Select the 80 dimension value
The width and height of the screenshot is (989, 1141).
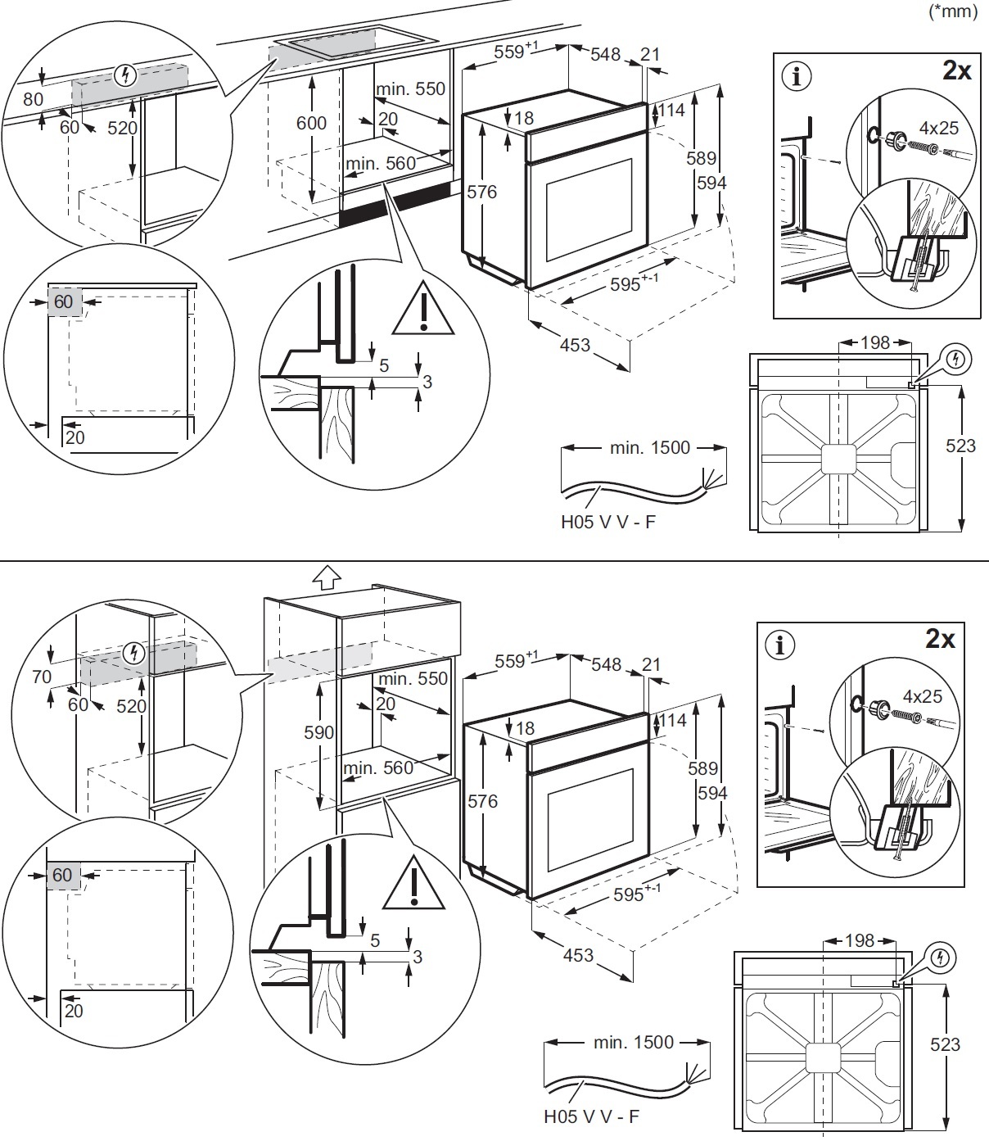pyautogui.click(x=33, y=100)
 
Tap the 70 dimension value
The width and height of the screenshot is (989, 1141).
pyautogui.click(x=42, y=677)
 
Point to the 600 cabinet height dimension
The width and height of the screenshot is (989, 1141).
pyautogui.click(x=311, y=123)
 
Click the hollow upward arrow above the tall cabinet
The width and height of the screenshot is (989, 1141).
pyautogui.click(x=326, y=577)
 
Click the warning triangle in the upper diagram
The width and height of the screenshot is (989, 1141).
pyautogui.click(x=423, y=309)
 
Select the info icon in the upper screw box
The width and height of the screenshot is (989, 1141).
pyautogui.click(x=797, y=76)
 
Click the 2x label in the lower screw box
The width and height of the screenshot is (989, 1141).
pyautogui.click(x=940, y=639)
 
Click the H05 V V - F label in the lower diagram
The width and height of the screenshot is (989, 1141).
pyautogui.click(x=591, y=1116)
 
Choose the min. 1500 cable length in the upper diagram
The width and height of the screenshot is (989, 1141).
pyautogui.click(x=650, y=448)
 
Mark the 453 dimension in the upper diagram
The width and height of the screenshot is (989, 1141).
pyautogui.click(x=576, y=345)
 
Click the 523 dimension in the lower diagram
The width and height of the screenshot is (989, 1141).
pyautogui.click(x=946, y=1044)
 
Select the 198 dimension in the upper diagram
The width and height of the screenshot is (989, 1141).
pyautogui.click(x=875, y=342)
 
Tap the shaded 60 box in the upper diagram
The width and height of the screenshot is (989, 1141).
pyautogui.click(x=63, y=301)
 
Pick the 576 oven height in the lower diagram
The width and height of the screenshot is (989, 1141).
pyautogui.click(x=482, y=801)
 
